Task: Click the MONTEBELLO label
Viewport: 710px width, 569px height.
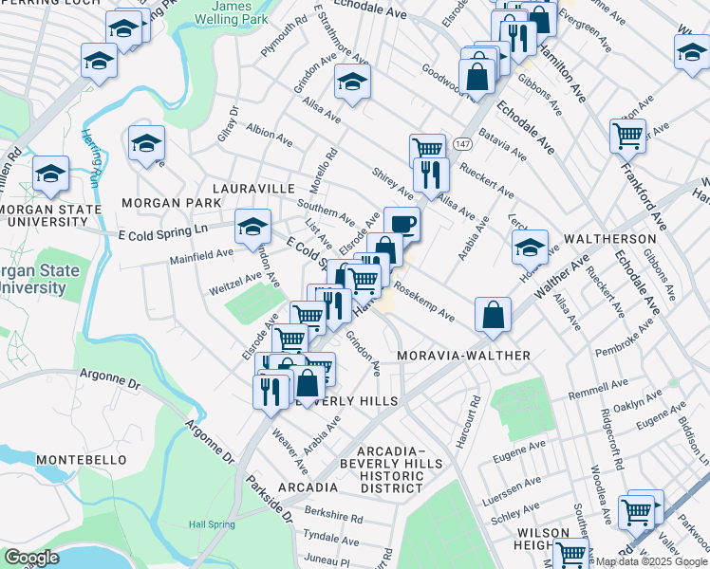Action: (81, 459)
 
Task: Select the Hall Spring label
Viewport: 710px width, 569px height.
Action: (211, 523)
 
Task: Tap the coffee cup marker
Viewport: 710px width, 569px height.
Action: (402, 224)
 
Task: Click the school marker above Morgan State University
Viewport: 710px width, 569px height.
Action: (51, 173)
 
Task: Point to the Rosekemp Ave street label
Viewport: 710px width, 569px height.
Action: (424, 302)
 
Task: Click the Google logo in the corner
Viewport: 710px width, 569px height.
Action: (32, 558)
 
